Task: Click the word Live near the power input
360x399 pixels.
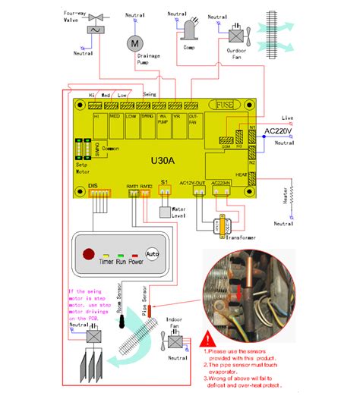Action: point(287,118)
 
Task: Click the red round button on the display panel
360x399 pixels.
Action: point(89,253)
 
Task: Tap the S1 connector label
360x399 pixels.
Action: point(165,183)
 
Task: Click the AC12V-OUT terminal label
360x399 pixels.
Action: point(199,183)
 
